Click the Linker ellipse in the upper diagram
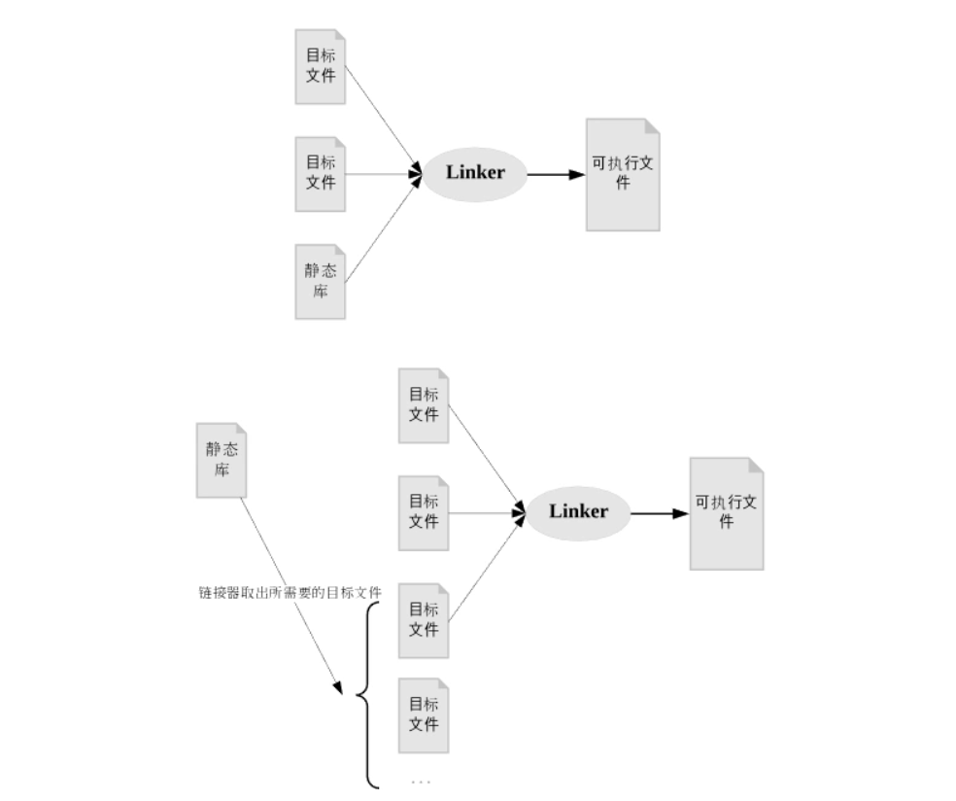[475, 173]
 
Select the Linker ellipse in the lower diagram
[578, 511]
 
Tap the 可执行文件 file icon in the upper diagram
[623, 175]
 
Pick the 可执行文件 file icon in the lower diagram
[726, 513]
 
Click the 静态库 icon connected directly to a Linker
[321, 282]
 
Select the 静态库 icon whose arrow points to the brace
[222, 460]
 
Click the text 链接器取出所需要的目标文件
[290, 591]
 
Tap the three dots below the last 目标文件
[421, 781]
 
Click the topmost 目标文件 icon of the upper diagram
[321, 66]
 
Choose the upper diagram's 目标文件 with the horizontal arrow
[321, 174]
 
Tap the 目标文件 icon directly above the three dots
[424, 714]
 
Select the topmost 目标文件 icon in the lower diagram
[424, 405]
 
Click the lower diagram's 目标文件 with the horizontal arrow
[424, 512]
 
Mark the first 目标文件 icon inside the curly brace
[424, 619]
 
